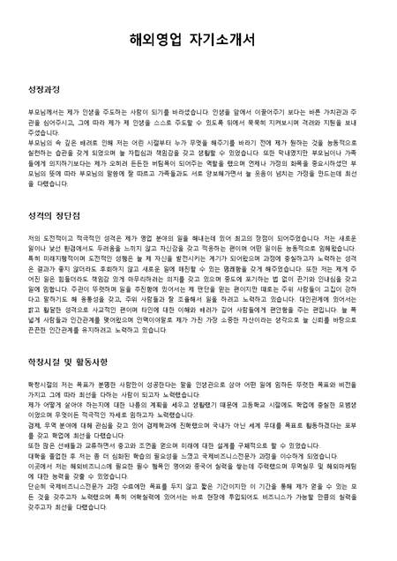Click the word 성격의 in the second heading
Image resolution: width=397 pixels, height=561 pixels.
[x=39, y=216]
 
